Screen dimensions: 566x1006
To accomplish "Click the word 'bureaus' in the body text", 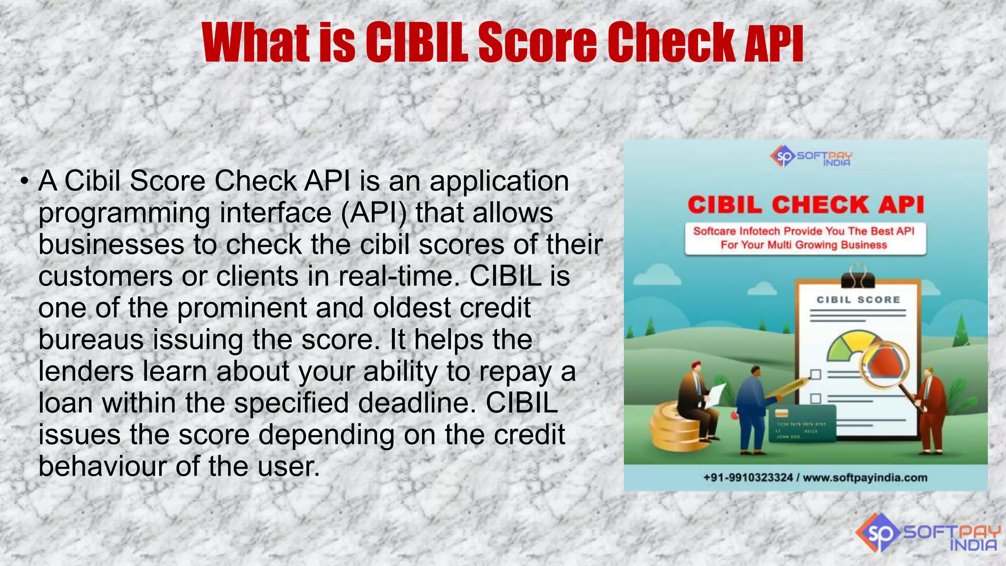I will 91,340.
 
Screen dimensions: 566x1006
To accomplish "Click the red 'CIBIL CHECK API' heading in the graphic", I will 806,205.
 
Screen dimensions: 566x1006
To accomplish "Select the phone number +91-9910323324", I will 748,478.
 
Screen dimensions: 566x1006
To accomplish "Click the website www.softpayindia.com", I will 866,478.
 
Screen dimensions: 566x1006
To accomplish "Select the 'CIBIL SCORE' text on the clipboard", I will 858,300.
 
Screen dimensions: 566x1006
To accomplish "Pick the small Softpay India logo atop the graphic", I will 811,157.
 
